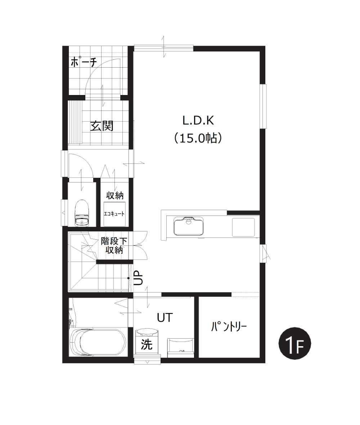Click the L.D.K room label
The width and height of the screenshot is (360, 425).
198,121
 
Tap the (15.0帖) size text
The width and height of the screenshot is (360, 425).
198,138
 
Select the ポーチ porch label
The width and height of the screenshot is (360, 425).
84,62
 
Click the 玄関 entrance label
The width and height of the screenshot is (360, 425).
102,126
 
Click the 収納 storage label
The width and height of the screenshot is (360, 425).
115,195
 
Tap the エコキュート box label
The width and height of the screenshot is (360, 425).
114,214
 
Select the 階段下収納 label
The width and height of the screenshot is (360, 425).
114,245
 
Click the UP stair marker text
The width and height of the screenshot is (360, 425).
138,278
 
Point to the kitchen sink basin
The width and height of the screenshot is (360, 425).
188,226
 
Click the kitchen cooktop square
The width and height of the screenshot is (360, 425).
243,227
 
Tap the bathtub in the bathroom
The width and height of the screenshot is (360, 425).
98,342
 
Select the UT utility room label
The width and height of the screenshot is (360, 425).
165,317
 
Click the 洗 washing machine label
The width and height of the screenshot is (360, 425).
147,344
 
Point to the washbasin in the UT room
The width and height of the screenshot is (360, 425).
181,345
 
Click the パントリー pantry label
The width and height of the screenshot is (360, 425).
229,327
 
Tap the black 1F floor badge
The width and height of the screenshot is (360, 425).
295,344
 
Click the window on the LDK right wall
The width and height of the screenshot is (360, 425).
263,106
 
